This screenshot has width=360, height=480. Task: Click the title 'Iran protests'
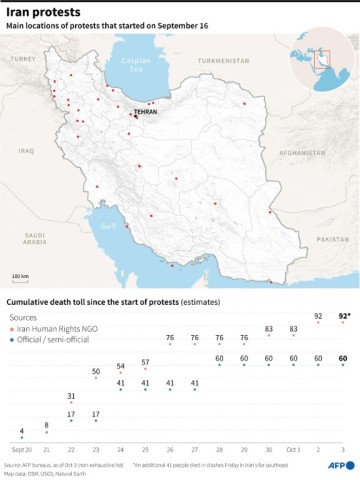(45, 13)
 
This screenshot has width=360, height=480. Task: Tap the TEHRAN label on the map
(146, 113)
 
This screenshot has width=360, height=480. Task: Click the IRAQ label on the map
(26, 151)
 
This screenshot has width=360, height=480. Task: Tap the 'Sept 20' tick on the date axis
(20, 450)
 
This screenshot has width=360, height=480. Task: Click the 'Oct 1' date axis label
(293, 450)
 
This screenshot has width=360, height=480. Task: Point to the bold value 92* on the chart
(343, 316)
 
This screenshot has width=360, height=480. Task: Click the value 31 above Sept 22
(71, 396)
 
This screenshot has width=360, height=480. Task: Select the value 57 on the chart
(145, 361)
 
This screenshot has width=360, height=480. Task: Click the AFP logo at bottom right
(340, 465)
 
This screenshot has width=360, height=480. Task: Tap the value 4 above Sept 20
(22, 430)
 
